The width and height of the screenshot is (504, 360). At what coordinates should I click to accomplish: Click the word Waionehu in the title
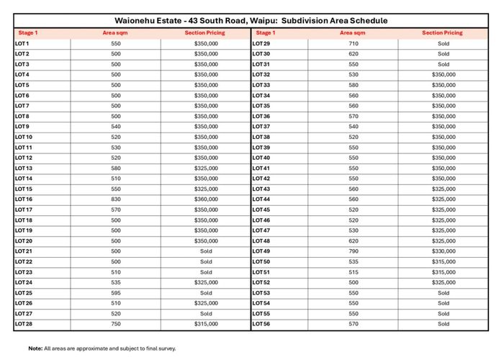(x=138, y=21)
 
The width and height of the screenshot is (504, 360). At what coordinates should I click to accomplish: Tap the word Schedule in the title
(x=365, y=21)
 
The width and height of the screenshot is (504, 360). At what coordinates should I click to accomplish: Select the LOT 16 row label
(x=24, y=199)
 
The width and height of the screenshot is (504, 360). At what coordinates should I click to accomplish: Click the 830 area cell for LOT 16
(x=116, y=199)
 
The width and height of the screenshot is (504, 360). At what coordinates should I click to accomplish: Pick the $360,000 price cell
(x=206, y=199)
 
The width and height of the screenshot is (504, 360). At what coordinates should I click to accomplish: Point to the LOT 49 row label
(x=261, y=251)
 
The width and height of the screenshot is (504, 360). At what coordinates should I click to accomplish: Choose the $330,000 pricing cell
(x=444, y=251)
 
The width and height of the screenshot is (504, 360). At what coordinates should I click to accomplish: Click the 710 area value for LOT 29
(x=353, y=44)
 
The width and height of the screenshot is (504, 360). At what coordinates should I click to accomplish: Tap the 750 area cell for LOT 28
(x=116, y=324)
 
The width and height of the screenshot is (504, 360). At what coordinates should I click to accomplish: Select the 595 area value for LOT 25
(x=116, y=293)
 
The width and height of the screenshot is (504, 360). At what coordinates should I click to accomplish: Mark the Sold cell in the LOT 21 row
(x=206, y=251)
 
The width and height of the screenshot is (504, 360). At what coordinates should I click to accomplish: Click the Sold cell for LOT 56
(x=444, y=324)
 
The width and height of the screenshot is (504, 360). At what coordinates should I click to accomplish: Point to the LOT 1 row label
(x=22, y=44)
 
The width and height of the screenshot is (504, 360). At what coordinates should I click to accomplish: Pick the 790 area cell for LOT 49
(x=353, y=251)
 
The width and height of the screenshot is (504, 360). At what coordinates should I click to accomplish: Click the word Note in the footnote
(x=35, y=348)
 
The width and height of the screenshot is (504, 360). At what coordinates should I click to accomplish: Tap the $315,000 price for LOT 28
(x=206, y=324)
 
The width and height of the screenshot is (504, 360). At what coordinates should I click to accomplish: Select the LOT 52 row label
(x=261, y=282)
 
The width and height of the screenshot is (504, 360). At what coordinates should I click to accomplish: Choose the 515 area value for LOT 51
(x=353, y=272)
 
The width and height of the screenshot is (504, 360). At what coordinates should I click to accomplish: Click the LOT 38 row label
(x=261, y=137)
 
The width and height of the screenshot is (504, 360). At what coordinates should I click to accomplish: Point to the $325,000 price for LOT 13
(x=206, y=168)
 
